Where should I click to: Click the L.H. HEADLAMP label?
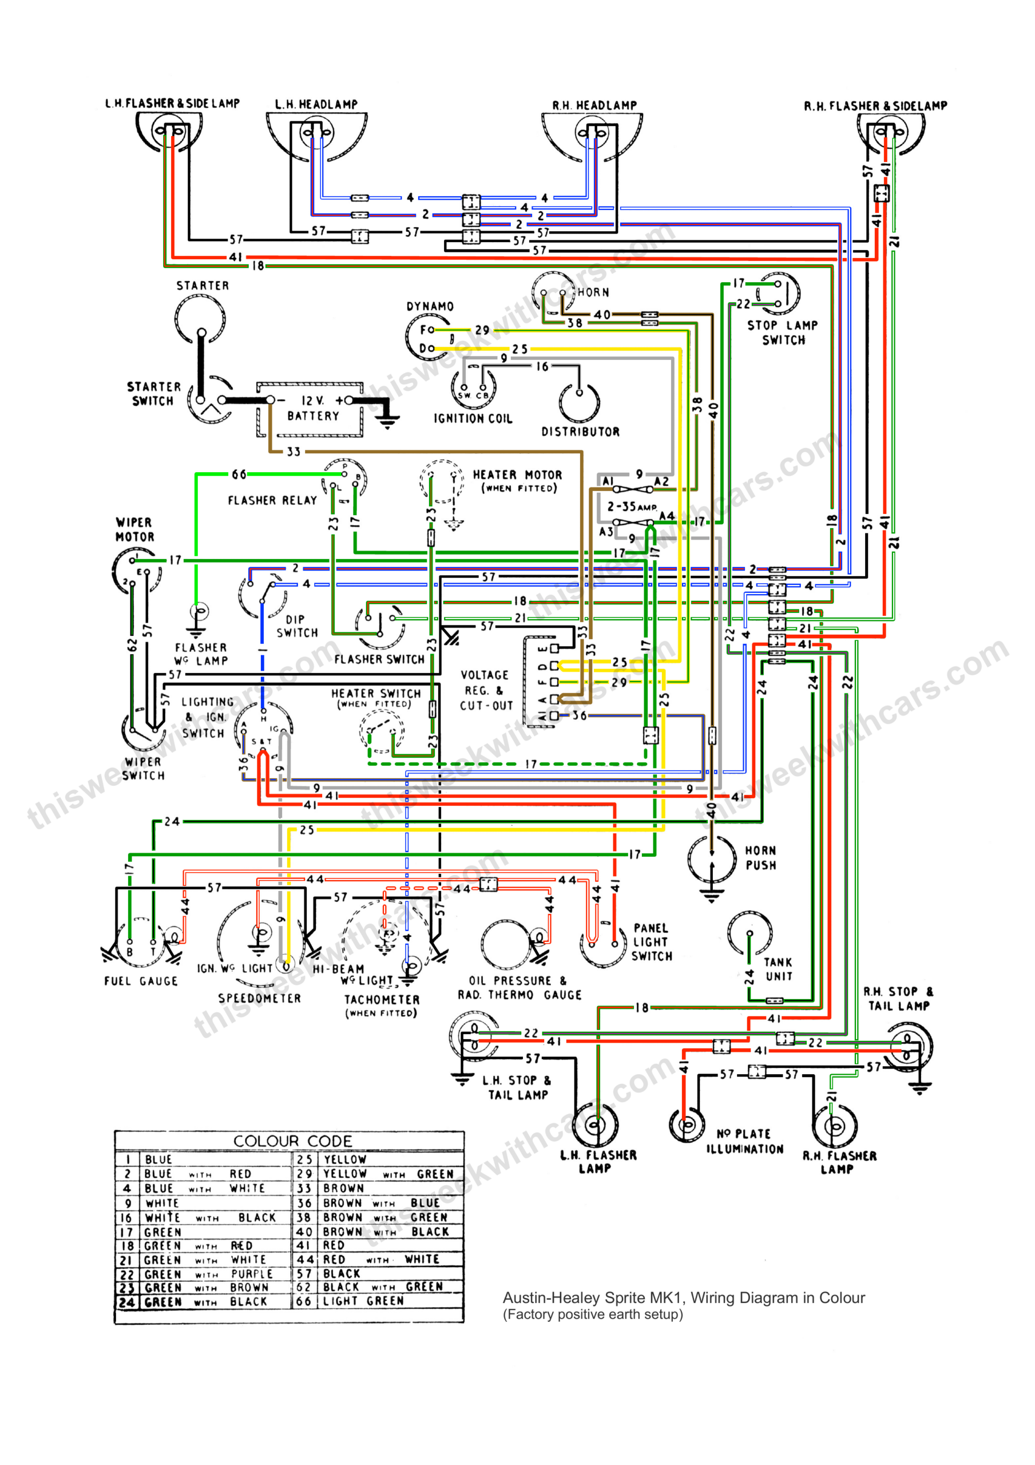tap(316, 104)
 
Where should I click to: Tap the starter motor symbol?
tap(200, 318)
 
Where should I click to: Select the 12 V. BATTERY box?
tap(310, 409)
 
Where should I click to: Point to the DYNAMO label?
tap(430, 306)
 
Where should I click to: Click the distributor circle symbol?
tap(580, 402)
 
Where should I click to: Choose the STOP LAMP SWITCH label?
tap(783, 332)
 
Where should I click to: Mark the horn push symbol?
tap(712, 859)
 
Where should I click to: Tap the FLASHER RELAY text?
tap(272, 500)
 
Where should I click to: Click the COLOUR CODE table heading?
tap(292, 1141)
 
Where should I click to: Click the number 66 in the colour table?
tap(304, 1300)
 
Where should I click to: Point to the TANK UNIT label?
tap(779, 969)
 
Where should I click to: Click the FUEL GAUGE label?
tap(141, 981)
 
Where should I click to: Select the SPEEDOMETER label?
tap(259, 998)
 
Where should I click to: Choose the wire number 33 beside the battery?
tap(293, 452)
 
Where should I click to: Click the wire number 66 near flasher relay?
tap(239, 474)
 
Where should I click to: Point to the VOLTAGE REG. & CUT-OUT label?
tap(486, 690)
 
